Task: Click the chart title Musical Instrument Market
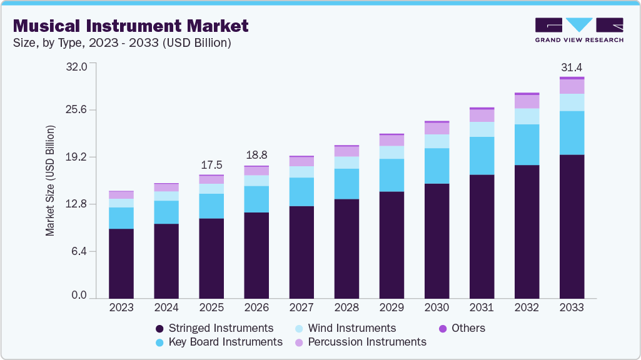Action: click(x=130, y=26)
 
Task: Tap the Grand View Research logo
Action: click(x=578, y=30)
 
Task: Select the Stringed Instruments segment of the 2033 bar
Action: click(x=572, y=226)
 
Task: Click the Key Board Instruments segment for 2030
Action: click(x=437, y=166)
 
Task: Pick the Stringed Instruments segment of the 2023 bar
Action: click(x=121, y=263)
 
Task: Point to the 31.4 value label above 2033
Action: click(x=572, y=67)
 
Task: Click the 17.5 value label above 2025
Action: click(x=211, y=165)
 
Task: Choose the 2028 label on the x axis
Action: click(x=346, y=307)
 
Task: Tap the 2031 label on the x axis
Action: click(x=482, y=307)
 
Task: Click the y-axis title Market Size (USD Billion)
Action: click(x=50, y=181)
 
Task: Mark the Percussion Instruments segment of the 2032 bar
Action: click(x=527, y=101)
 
